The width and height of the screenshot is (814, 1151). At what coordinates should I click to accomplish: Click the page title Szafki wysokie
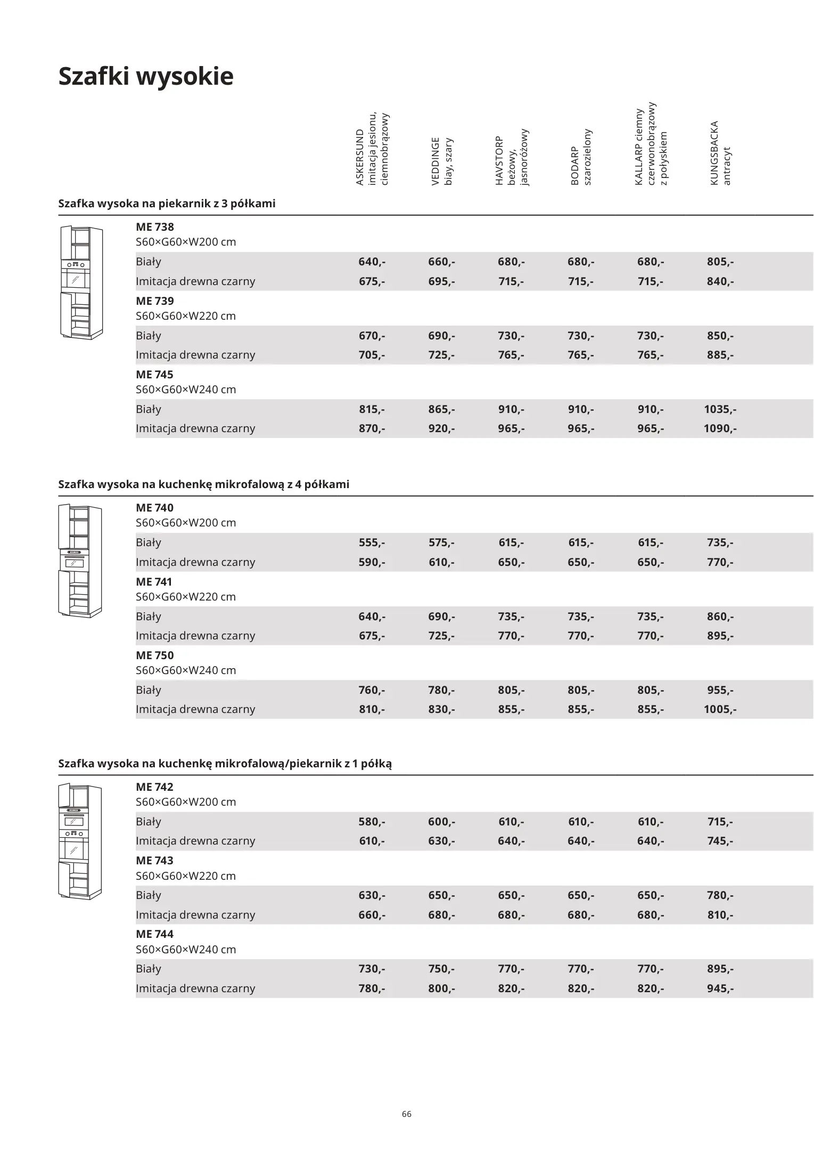(145, 76)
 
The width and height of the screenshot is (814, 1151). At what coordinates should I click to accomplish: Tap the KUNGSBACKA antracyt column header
(720, 153)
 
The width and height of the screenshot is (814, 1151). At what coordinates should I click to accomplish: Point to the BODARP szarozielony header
(581, 158)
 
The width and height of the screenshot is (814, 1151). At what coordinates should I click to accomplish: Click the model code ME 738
(154, 227)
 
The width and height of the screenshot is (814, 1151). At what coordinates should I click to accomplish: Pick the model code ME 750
(154, 655)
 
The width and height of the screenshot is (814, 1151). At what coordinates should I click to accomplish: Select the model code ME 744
(154, 934)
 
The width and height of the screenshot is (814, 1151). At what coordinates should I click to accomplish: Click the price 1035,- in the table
(720, 409)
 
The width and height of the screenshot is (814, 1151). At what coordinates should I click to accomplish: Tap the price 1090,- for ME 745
(720, 428)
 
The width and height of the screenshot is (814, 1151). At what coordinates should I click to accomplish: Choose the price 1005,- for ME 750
(720, 709)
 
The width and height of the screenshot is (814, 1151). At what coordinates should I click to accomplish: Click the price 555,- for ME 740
(372, 542)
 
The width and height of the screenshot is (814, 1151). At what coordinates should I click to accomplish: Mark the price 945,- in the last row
(720, 988)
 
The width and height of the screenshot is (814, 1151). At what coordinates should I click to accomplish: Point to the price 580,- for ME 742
(372, 822)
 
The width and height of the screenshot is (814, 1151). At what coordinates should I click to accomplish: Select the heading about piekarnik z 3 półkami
(167, 204)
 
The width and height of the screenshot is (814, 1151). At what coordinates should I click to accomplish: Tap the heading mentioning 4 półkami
(203, 484)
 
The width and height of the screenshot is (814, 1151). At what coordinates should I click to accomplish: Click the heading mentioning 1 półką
(225, 764)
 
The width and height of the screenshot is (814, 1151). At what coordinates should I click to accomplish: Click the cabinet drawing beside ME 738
(81, 282)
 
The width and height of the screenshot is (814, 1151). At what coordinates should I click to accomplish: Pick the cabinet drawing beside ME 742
(80, 842)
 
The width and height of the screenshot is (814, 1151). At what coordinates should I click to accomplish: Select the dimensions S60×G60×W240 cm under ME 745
(185, 390)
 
